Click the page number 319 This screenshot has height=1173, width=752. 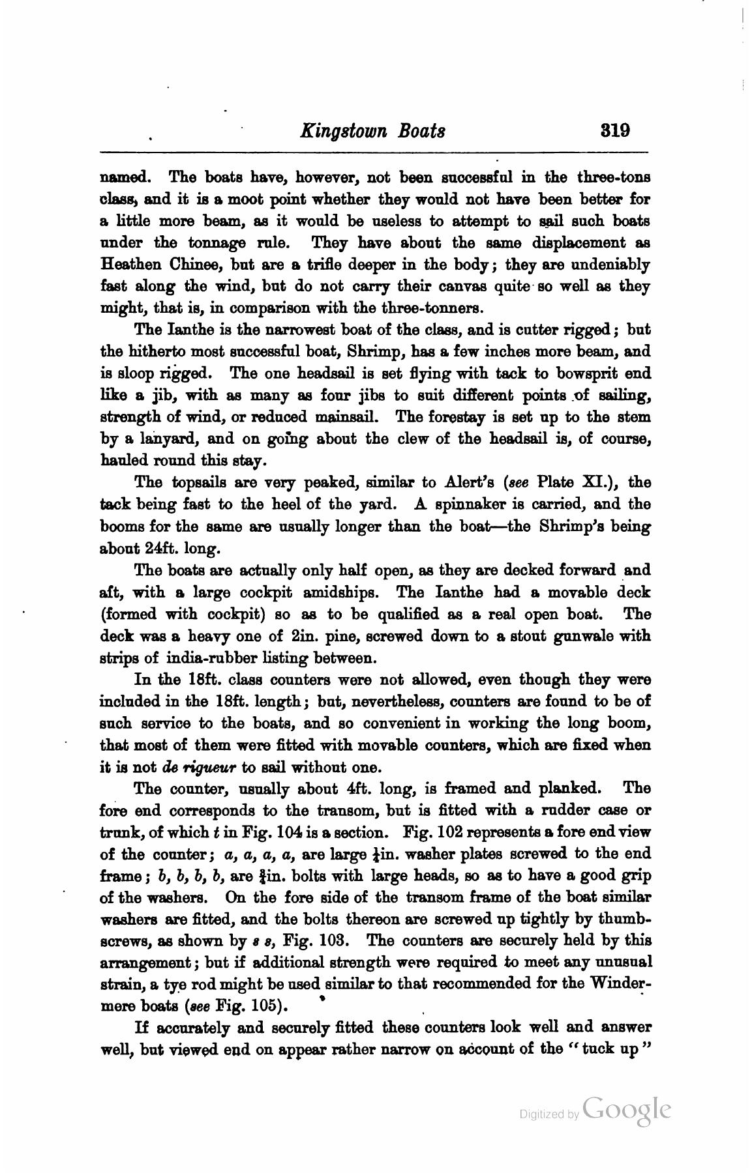click(x=615, y=130)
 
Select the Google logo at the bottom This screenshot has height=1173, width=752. click(x=627, y=1110)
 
